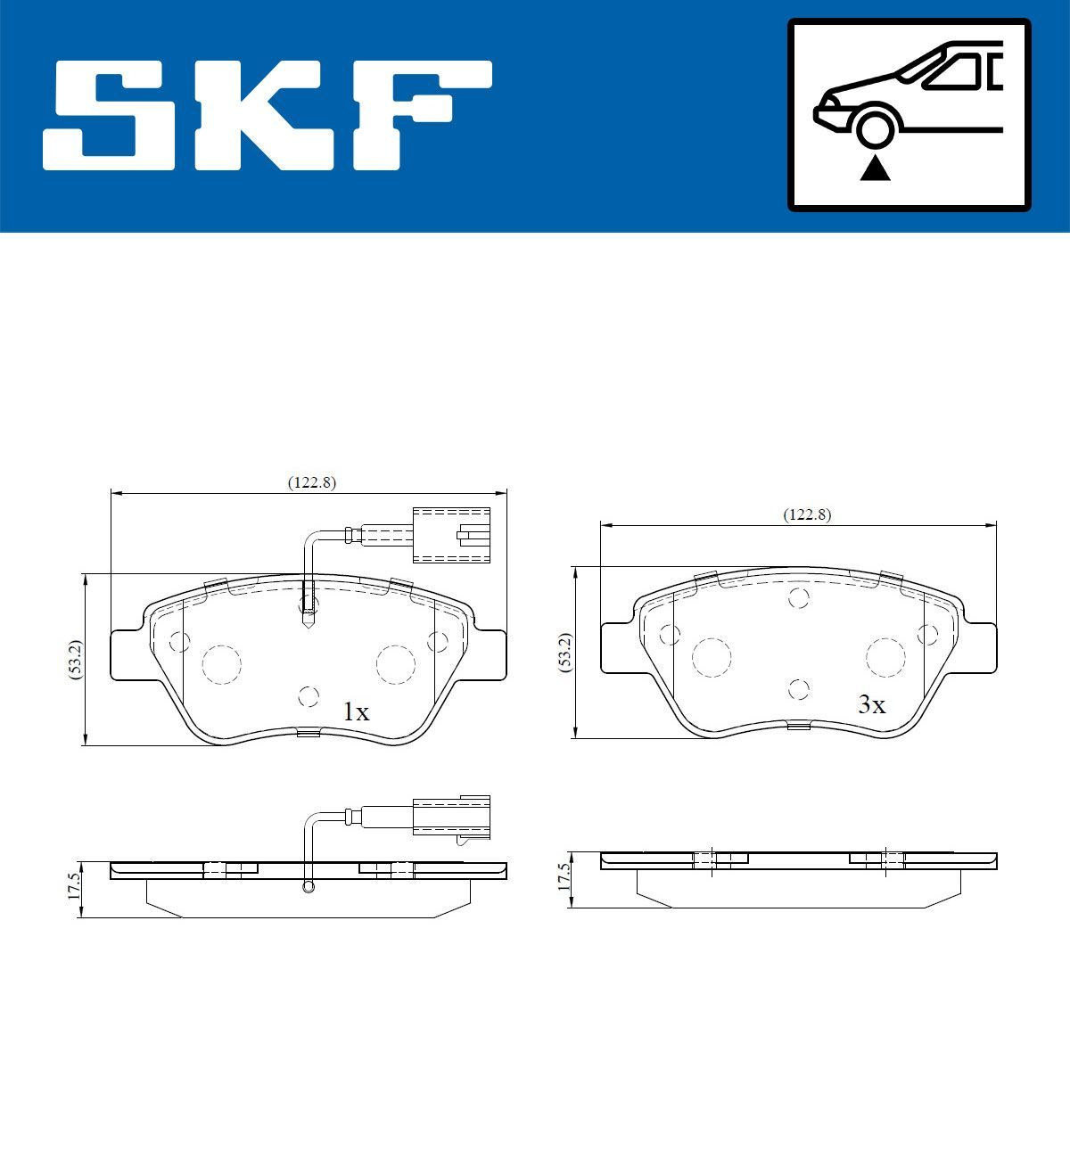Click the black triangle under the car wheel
point(875,168)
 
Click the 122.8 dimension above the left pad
point(310,482)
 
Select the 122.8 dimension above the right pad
point(806,514)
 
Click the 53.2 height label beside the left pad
point(77,661)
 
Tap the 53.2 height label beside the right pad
point(564,653)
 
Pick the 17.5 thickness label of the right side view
point(563,877)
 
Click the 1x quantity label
point(355,711)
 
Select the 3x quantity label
point(870,705)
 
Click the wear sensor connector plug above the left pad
point(451,534)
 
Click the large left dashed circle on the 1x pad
point(222,662)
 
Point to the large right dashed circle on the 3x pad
point(885,657)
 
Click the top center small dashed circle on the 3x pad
point(799,598)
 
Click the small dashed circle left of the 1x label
point(309,697)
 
